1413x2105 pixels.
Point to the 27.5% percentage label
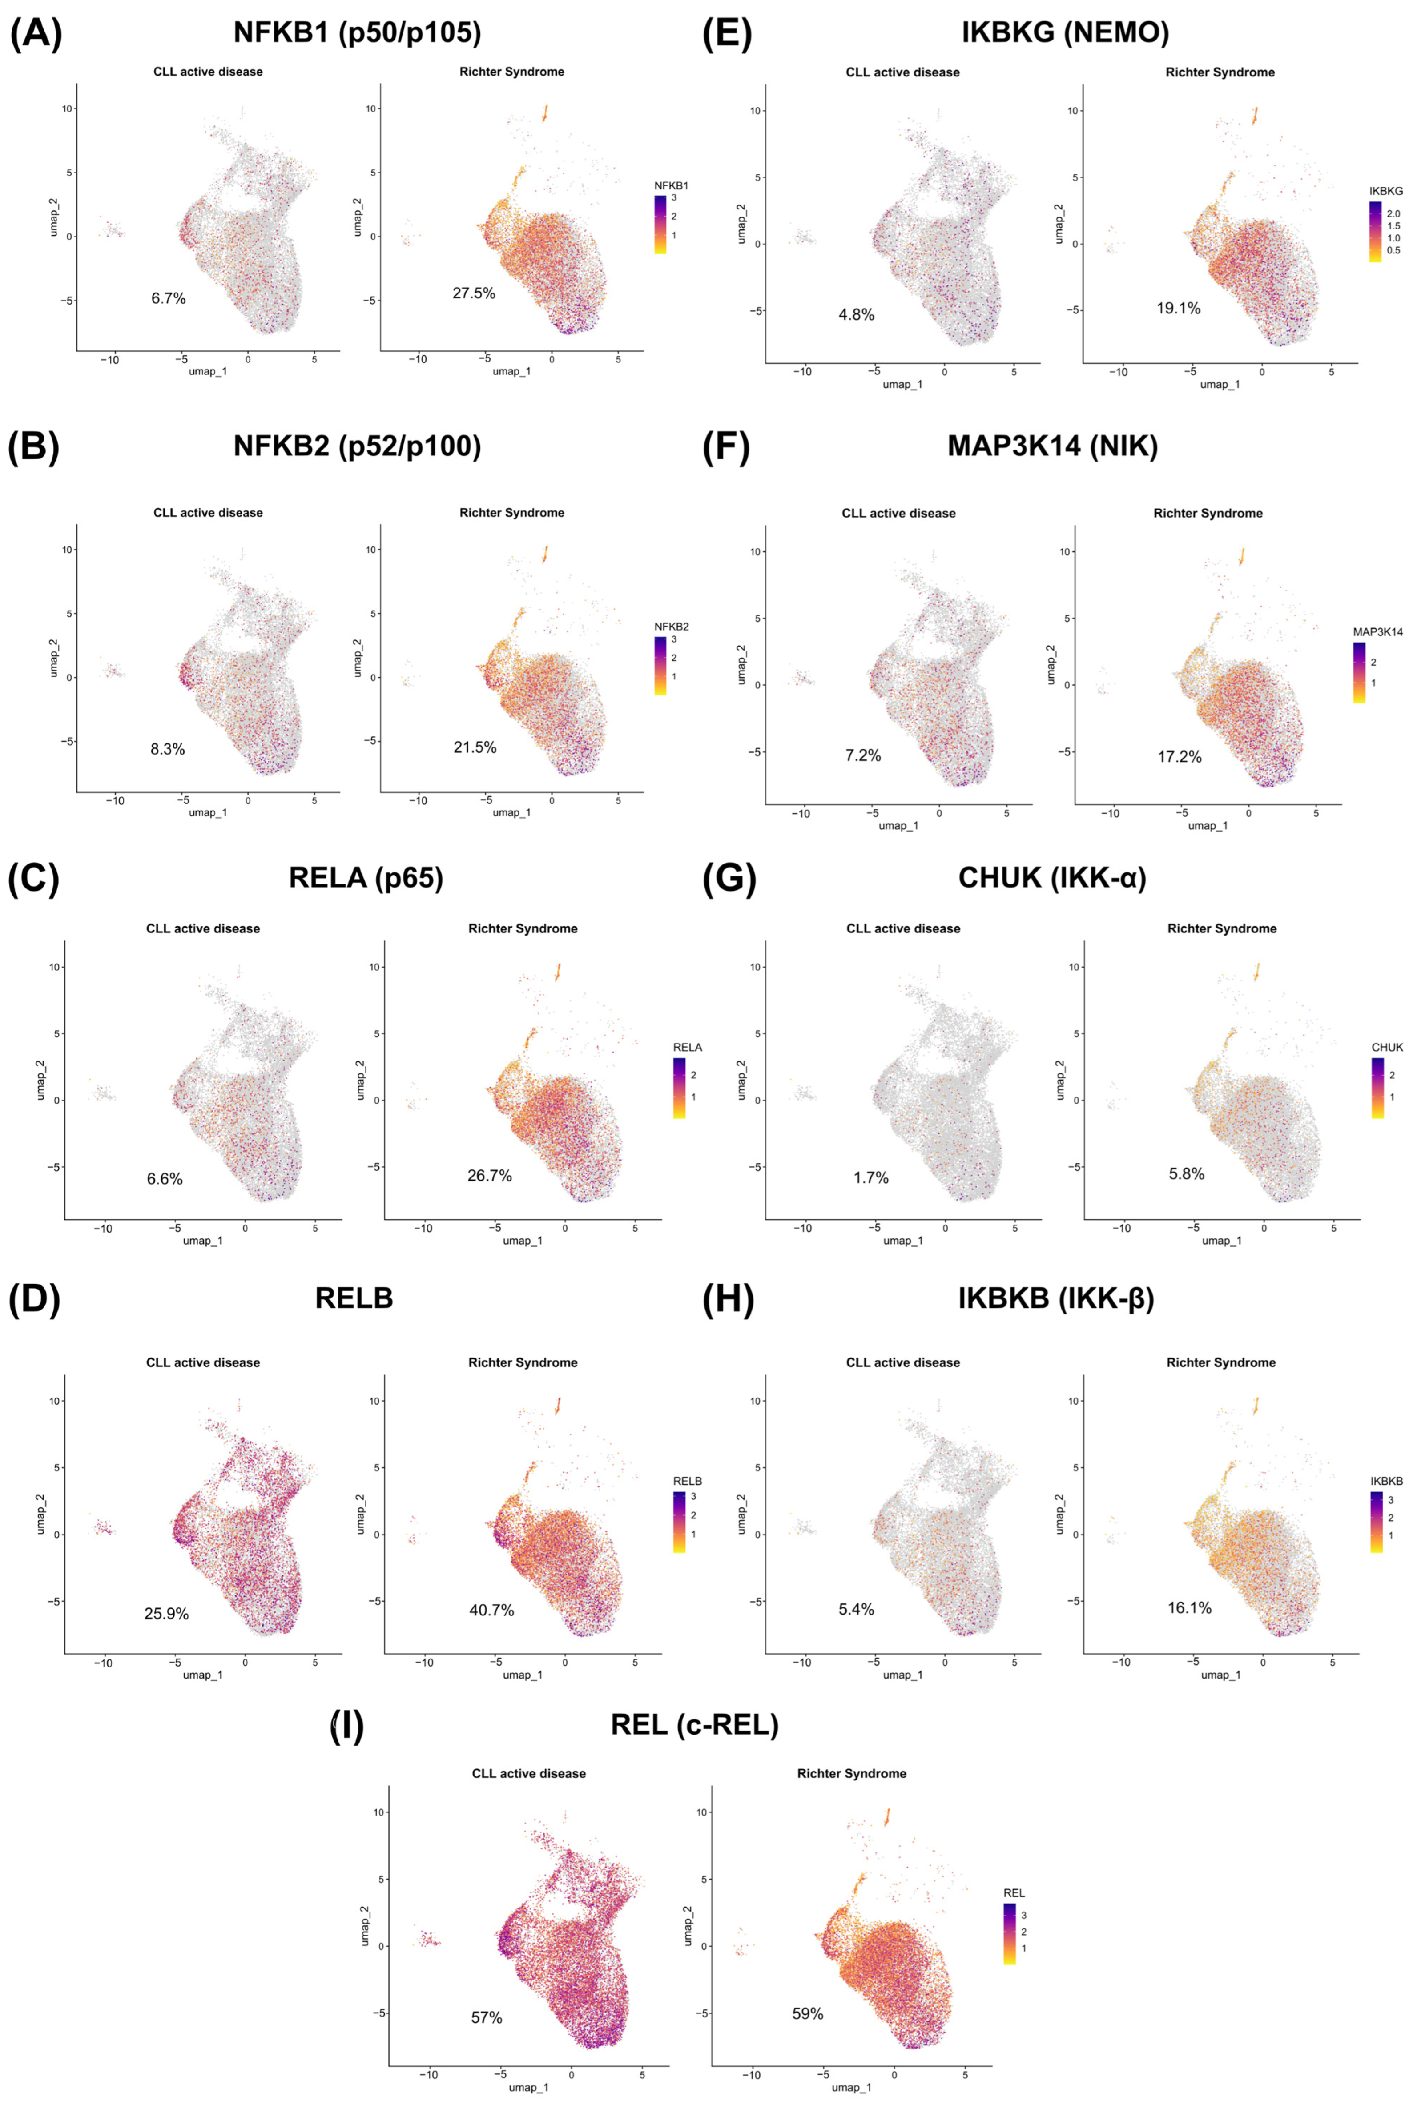click(x=474, y=293)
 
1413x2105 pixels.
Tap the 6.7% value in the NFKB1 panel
click(x=169, y=298)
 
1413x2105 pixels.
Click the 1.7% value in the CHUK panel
click(x=871, y=1177)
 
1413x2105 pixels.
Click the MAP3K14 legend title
click(x=1377, y=632)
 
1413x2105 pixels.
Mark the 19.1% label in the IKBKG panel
click(x=1179, y=308)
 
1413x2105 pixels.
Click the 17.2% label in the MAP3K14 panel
click(x=1180, y=757)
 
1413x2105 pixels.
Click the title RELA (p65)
click(x=366, y=877)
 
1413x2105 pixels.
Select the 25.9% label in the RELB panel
click(x=167, y=1613)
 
